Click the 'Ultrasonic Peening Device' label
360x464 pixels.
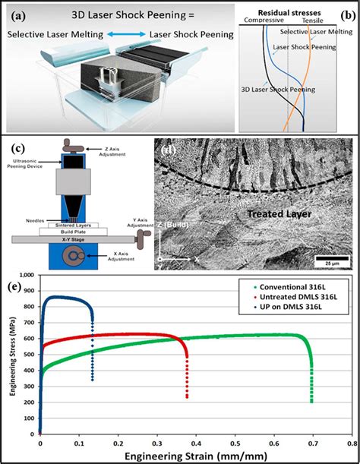(x=29, y=165)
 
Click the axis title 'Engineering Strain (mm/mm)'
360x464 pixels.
(x=194, y=455)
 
